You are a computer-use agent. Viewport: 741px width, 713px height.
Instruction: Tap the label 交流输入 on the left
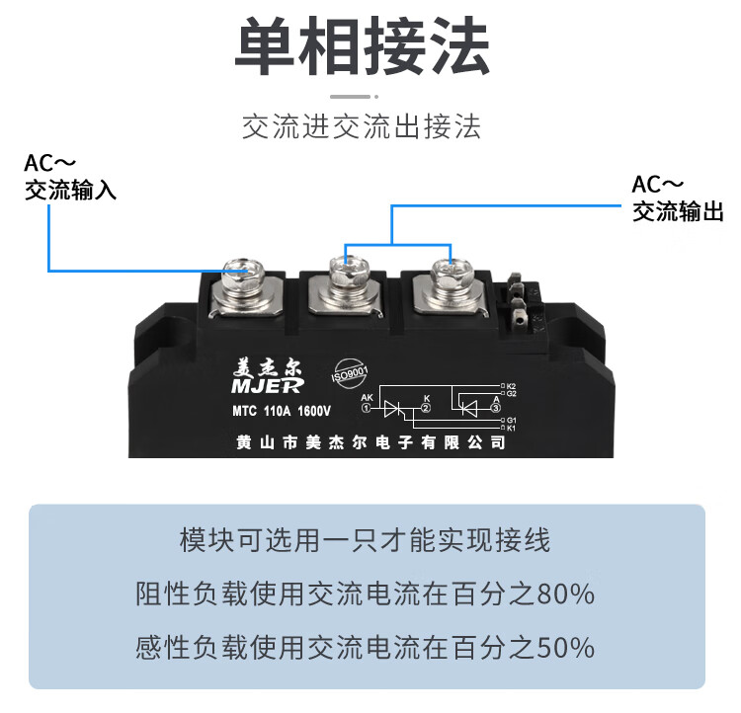point(70,190)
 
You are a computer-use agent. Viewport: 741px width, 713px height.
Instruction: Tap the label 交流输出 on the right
point(678,211)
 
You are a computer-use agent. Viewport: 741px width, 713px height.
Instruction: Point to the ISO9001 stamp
point(351,373)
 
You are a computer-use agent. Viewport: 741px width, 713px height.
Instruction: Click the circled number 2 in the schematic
point(426,407)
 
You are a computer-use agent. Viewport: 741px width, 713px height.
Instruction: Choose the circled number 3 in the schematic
point(495,407)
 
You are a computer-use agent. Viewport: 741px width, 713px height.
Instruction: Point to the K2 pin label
point(511,384)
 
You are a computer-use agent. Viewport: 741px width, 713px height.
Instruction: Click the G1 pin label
point(511,420)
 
